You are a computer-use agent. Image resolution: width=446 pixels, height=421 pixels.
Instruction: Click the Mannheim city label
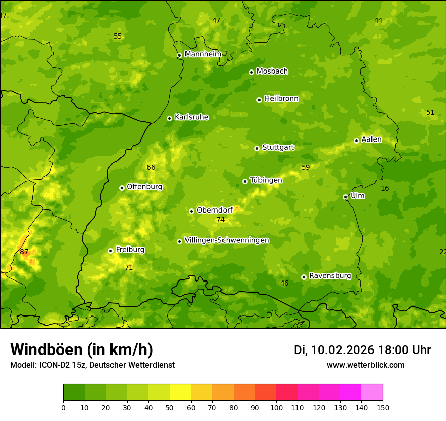203,54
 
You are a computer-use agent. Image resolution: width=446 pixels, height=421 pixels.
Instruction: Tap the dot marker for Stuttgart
257,148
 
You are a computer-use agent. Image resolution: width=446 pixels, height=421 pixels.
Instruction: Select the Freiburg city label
130,250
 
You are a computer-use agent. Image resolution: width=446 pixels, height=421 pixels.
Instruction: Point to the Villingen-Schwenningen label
227,240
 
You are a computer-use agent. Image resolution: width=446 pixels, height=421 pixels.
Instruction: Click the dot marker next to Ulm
345,197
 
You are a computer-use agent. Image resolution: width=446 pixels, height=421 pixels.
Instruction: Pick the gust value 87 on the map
24,252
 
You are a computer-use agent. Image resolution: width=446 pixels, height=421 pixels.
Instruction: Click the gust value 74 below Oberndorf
220,220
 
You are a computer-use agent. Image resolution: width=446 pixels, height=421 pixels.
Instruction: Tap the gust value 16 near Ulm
385,189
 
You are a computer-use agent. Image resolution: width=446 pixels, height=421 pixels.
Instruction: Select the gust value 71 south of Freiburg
129,267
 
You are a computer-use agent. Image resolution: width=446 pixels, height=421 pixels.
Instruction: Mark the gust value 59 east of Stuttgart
306,168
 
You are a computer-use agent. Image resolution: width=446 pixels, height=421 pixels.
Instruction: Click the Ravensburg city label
330,276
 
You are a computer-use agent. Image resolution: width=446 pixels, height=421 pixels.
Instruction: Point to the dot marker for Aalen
356,141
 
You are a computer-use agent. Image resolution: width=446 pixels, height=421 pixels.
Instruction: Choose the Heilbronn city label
281,99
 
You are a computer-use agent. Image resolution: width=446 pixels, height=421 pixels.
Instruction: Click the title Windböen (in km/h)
82,349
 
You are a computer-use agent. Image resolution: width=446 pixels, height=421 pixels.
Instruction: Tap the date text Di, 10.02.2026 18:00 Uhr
362,350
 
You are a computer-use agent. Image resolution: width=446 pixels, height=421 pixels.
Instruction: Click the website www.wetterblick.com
365,365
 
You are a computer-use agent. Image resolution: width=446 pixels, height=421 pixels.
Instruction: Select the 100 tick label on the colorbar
276,407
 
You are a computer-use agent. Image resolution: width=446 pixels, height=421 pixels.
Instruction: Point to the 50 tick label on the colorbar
170,407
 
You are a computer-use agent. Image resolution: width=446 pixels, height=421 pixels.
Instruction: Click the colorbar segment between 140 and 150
372,393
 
